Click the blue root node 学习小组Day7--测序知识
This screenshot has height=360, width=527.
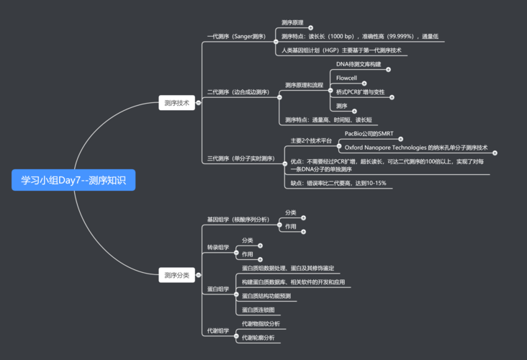click(x=73, y=180)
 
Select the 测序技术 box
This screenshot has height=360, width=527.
click(x=176, y=103)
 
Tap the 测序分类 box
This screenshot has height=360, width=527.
click(x=176, y=275)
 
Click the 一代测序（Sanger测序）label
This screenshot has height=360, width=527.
click(x=236, y=36)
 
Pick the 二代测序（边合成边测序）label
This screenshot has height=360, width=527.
click(x=238, y=92)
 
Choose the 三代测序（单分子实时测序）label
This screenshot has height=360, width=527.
click(x=240, y=158)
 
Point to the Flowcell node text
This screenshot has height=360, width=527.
click(x=346, y=78)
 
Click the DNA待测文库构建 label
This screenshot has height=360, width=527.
click(x=359, y=64)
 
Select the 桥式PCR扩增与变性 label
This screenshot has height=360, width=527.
click(x=360, y=92)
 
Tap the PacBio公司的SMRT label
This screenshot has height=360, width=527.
click(x=369, y=134)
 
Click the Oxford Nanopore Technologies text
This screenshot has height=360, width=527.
click(x=386, y=148)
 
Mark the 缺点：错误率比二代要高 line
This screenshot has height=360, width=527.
click(x=338, y=184)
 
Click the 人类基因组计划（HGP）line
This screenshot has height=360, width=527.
click(x=341, y=50)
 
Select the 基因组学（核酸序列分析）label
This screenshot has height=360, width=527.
click(x=238, y=220)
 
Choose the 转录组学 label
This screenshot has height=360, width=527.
click(x=217, y=248)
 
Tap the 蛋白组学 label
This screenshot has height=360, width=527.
click(x=217, y=289)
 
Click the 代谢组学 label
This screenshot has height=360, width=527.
click(x=217, y=331)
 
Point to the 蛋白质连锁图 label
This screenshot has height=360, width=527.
click(x=258, y=310)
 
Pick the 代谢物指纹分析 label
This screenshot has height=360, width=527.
click(x=261, y=324)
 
